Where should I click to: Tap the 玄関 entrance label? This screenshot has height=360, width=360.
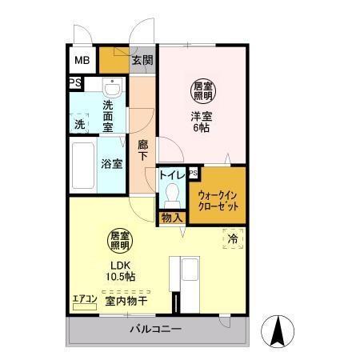(142, 61)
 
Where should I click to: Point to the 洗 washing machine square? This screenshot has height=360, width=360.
(80, 125)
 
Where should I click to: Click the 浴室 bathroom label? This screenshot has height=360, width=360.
(111, 164)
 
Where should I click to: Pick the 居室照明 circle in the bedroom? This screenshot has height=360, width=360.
(201, 90)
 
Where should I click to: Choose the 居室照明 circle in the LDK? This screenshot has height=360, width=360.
(121, 240)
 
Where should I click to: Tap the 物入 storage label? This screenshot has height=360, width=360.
(172, 217)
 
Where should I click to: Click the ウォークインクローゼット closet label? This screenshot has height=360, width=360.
(217, 196)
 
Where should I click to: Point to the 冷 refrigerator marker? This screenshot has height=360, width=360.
(231, 238)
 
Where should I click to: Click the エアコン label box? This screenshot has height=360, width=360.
(84, 299)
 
